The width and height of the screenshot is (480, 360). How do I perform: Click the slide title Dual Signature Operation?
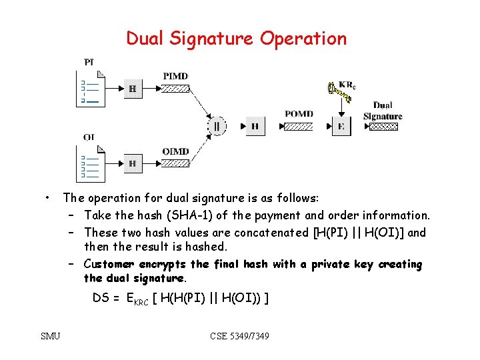pos(237,39)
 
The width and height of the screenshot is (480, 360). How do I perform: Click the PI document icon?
pos(90,89)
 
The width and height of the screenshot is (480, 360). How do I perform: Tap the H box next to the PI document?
pos(133,88)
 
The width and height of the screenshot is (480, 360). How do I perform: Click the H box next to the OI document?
pos(133,163)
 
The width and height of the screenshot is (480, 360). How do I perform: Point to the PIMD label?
pos(175,75)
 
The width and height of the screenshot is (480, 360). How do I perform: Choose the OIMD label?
pos(175,151)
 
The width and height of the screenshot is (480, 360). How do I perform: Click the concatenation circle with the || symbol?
pos(217,125)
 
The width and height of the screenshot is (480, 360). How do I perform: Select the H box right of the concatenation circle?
pos(255,125)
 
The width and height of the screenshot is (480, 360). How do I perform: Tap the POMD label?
pos(299,114)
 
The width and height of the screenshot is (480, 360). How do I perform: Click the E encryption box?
pos(341,125)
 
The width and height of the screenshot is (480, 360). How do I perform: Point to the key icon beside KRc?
pos(335,91)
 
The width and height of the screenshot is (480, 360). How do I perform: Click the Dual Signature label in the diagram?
pos(383,111)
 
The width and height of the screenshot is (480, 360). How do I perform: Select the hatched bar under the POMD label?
pos(299,125)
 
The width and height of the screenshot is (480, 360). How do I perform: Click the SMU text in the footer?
pos(50,336)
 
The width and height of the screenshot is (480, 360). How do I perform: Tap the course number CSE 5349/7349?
pos(239,336)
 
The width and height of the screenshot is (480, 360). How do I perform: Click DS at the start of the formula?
pos(101,297)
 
